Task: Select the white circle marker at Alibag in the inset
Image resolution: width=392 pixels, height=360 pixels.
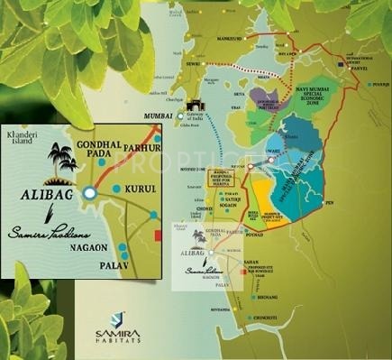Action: [89, 193]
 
